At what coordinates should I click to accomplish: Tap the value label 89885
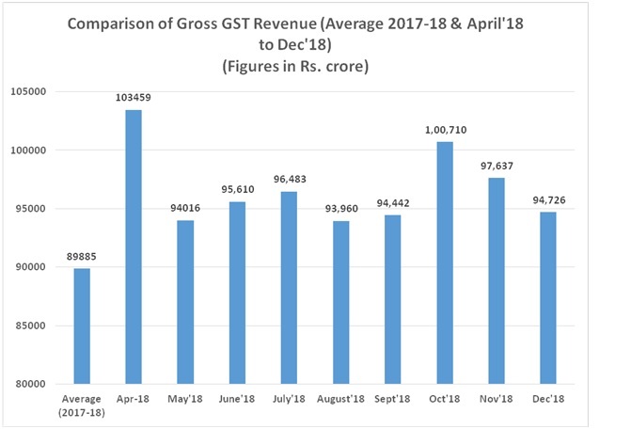click(83, 257)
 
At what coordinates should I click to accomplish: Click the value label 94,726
click(548, 200)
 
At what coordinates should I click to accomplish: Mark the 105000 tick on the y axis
click(31, 91)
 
